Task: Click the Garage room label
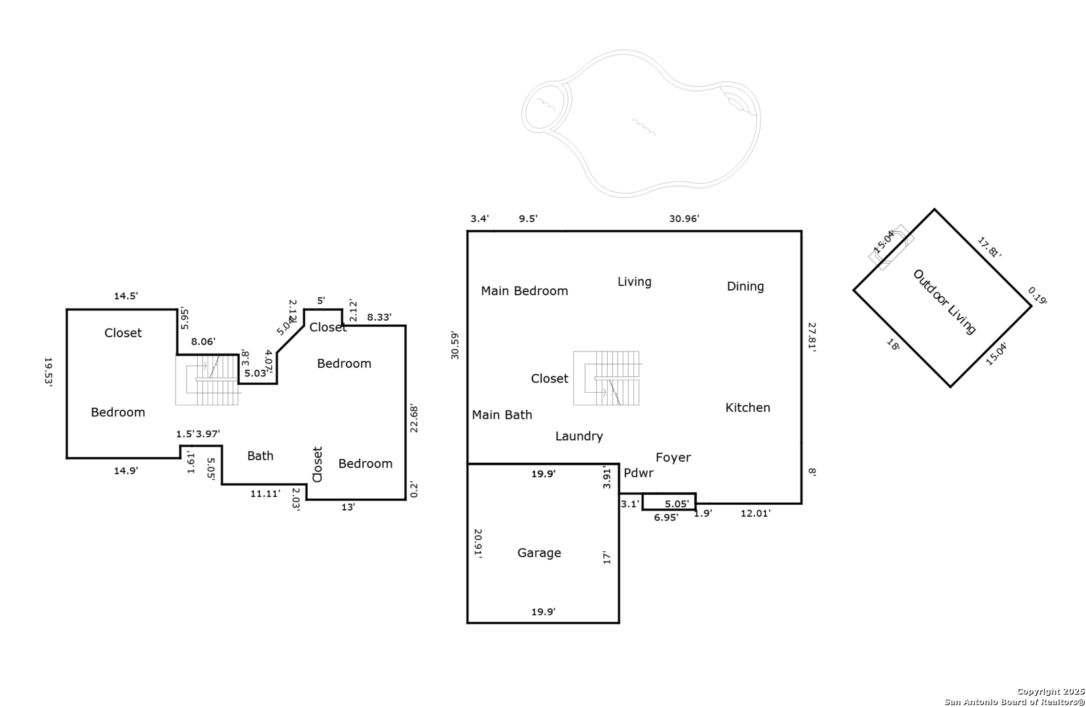539,553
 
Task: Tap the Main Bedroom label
524,291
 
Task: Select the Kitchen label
747,408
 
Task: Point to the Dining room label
745,286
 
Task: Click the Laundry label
579,437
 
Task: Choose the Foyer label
673,458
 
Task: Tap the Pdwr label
638,473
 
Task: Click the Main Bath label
502,415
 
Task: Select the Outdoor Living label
944,302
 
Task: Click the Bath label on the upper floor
260,456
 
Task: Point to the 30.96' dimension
684,219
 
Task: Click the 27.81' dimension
812,337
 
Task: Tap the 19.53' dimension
48,372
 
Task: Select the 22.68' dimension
414,419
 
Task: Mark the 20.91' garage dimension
478,543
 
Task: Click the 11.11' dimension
265,494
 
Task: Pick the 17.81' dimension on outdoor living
989,247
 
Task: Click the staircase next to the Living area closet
607,378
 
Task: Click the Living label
634,282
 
